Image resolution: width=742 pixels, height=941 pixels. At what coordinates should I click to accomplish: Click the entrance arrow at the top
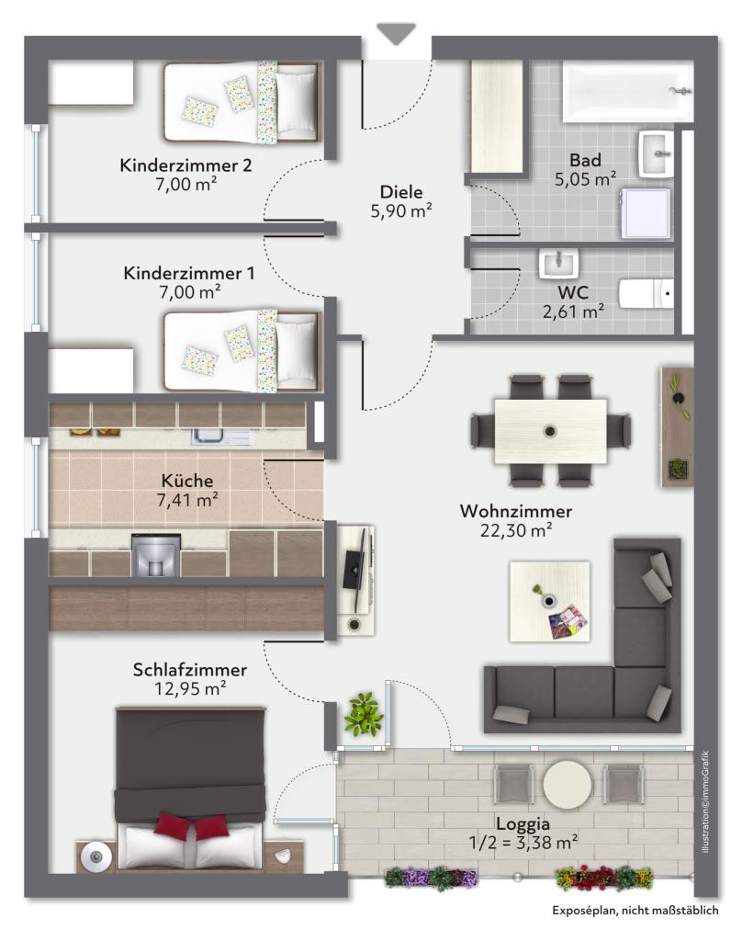(396, 34)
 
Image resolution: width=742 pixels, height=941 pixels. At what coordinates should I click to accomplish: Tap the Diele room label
(401, 192)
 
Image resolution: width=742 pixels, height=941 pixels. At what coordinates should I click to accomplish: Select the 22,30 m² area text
(516, 530)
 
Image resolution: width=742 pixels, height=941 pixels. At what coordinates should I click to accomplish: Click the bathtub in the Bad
(627, 91)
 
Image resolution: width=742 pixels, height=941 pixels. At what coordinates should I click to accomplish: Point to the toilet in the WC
(646, 294)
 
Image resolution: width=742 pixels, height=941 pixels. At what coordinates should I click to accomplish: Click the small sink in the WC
(558, 264)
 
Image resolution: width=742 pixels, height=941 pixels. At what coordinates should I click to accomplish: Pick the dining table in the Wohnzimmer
(550, 431)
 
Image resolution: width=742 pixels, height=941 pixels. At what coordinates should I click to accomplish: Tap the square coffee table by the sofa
(549, 601)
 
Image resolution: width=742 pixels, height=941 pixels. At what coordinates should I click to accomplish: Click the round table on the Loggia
(567, 785)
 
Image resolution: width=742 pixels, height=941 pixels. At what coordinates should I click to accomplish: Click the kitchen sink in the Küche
(219, 436)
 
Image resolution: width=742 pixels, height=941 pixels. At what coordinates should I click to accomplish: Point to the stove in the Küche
(155, 554)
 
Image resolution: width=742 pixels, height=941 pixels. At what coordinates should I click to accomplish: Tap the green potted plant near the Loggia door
(363, 714)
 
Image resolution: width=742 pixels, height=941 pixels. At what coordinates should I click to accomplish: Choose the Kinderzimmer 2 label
(185, 165)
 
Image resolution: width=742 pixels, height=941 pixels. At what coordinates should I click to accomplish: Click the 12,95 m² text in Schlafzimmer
(189, 688)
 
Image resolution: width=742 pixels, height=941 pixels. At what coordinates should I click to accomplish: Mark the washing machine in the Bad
(646, 213)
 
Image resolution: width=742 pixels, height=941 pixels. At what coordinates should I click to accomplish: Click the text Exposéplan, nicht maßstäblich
(635, 911)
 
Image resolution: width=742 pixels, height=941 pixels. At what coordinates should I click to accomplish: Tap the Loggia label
(523, 824)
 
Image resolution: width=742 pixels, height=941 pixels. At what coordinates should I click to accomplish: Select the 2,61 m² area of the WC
(573, 312)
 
